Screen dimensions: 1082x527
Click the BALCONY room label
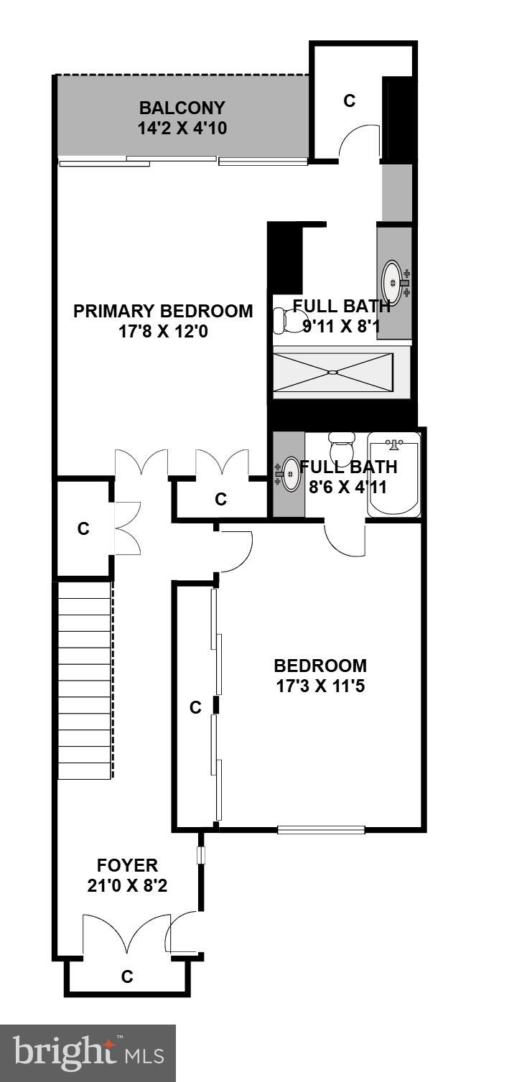coord(182,108)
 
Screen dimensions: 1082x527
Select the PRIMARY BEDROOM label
coord(163,312)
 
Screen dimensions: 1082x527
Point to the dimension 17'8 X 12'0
coord(163,332)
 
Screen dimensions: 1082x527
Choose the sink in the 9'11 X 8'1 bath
coord(392,282)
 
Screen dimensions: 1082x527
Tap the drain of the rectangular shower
coord(332,372)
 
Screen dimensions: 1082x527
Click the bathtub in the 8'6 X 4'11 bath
coord(393,475)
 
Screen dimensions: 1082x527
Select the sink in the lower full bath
coord(291,474)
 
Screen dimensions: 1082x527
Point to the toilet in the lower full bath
coord(340,450)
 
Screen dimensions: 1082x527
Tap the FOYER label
coord(127,865)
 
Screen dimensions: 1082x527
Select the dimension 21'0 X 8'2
coord(127,886)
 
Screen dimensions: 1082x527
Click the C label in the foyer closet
coord(127,976)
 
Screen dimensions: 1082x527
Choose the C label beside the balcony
coord(349,101)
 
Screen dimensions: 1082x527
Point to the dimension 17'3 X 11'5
coord(320,686)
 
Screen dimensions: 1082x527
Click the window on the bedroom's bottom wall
coord(321,830)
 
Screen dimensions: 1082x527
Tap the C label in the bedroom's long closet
coord(195,708)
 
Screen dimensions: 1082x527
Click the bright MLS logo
coord(88,1053)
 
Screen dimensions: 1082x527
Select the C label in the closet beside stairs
coord(83,529)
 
